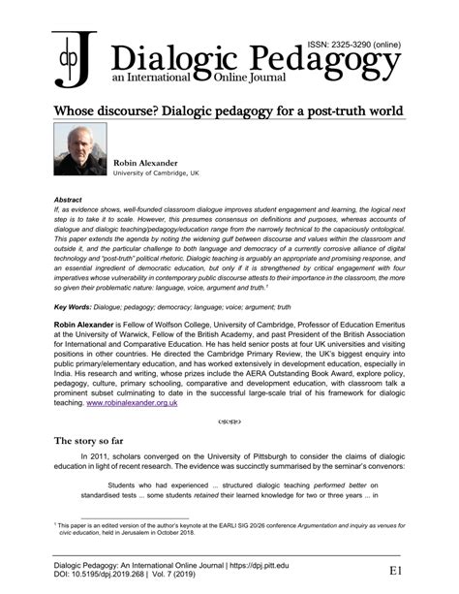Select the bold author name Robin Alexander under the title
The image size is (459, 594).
tap(144, 163)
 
